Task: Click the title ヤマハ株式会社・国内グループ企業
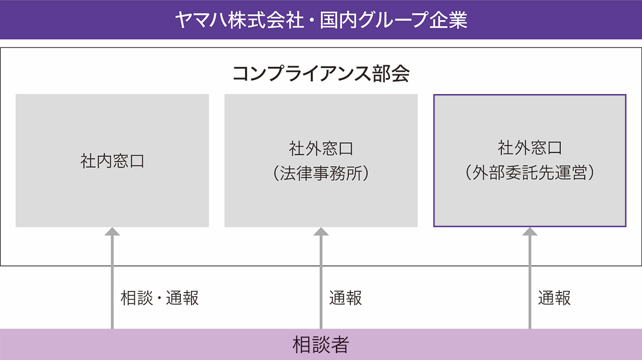click(321, 20)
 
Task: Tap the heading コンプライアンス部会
click(321, 74)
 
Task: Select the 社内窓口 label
click(112, 161)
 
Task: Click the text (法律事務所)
click(321, 174)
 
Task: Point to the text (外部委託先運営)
click(530, 174)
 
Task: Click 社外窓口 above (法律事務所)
click(321, 148)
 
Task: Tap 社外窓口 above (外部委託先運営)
click(530, 147)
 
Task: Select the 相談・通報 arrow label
click(160, 298)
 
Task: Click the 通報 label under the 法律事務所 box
click(346, 298)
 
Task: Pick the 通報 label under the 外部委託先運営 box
click(554, 298)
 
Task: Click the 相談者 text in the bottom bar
click(321, 345)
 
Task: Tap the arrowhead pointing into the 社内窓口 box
click(112, 232)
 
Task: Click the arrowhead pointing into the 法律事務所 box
click(321, 232)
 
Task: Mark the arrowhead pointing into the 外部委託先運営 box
click(530, 232)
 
